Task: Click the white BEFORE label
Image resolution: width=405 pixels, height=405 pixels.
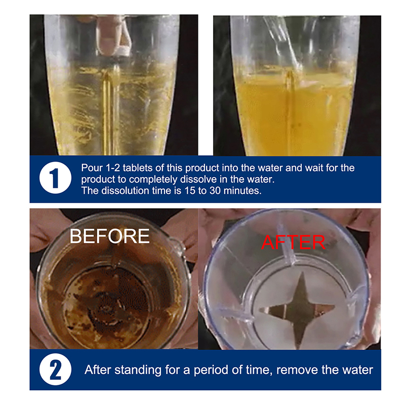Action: tap(109, 236)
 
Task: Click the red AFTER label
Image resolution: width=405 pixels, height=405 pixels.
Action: tap(293, 242)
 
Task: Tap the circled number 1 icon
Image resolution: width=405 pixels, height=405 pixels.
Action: tap(55, 178)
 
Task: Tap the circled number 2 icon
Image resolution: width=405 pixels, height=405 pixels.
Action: tap(55, 370)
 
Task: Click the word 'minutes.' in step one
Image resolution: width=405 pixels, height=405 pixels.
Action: tap(242, 191)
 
